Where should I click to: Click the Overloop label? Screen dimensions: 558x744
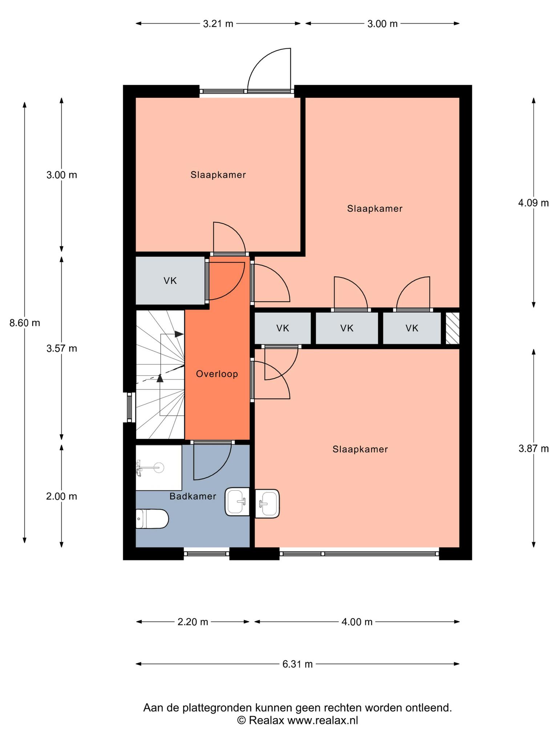pyautogui.click(x=217, y=374)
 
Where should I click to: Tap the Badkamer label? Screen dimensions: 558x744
pyautogui.click(x=193, y=496)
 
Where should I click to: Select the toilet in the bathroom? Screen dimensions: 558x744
pyautogui.click(x=152, y=518)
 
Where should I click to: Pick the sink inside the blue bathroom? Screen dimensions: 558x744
pyautogui.click(x=238, y=502)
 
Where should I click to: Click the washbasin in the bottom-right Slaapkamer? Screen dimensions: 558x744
pyautogui.click(x=267, y=504)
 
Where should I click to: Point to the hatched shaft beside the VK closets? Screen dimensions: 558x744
pyautogui.click(x=453, y=328)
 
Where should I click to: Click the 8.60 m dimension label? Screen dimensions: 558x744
pyautogui.click(x=25, y=323)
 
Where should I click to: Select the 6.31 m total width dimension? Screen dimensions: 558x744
pyautogui.click(x=298, y=664)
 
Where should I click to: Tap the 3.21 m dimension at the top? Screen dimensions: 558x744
pyautogui.click(x=218, y=24)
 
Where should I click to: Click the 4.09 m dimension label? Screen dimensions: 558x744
pyautogui.click(x=533, y=203)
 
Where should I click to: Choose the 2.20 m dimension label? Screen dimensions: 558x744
pyautogui.click(x=193, y=622)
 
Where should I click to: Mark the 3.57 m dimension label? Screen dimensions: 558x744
pyautogui.click(x=62, y=348)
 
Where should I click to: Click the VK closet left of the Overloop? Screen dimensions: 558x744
pyautogui.click(x=170, y=280)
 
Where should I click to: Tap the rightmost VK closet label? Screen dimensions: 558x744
pyautogui.click(x=412, y=328)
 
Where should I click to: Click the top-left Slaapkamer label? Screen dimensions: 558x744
pyautogui.click(x=218, y=175)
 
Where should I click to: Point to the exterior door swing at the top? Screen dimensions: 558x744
pyautogui.click(x=269, y=69)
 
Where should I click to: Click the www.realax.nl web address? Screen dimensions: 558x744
pyautogui.click(x=323, y=720)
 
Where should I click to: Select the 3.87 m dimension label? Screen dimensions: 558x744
pyautogui.click(x=533, y=449)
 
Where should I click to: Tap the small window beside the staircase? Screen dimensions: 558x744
pyautogui.click(x=129, y=407)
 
